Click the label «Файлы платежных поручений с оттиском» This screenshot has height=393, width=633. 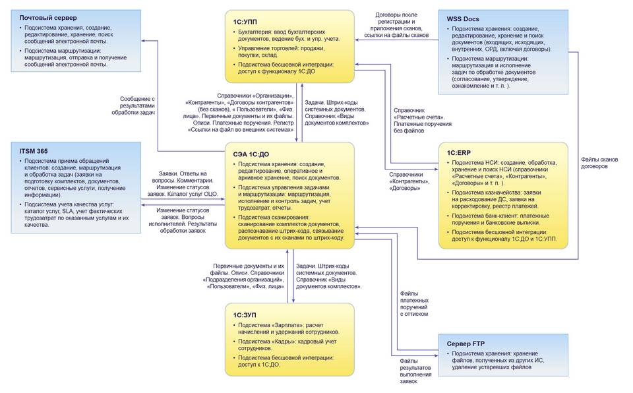[414, 303]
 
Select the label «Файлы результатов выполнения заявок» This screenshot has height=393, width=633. [415, 372]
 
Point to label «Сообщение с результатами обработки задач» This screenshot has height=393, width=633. [137, 106]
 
